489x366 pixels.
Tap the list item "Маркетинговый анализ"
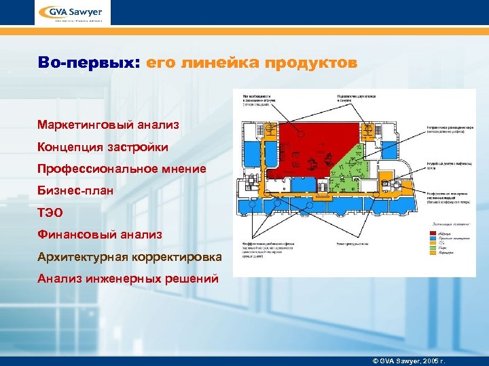[109, 124]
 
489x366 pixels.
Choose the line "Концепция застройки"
[103, 146]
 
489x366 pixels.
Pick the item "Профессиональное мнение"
[122, 169]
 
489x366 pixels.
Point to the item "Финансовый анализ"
[100, 235]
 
